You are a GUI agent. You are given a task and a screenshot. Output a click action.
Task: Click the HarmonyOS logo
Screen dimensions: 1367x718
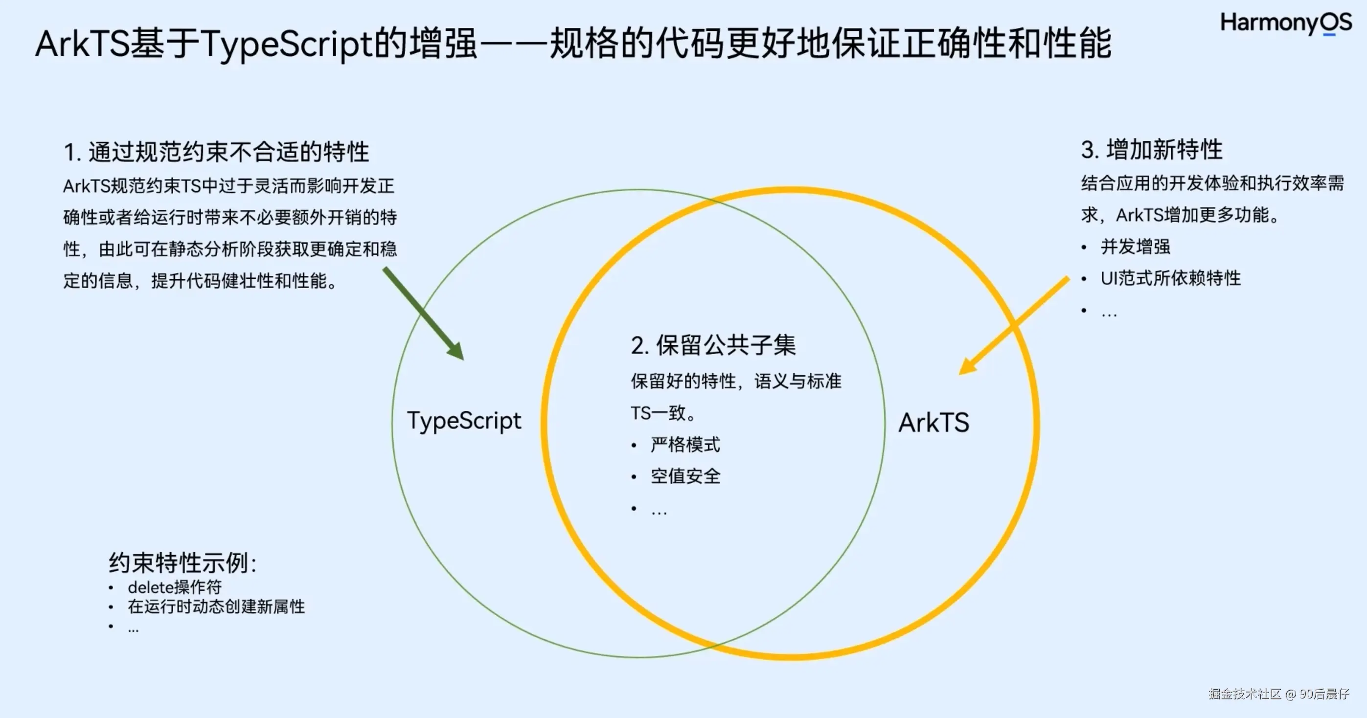pyautogui.click(x=1286, y=23)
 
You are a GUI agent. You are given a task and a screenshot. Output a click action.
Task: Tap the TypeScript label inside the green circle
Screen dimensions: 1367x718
pyautogui.click(x=464, y=421)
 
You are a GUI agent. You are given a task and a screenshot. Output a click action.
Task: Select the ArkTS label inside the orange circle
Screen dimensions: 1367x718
pyautogui.click(x=934, y=423)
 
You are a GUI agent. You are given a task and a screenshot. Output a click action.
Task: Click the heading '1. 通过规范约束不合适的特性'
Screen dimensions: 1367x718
pyautogui.click(x=216, y=152)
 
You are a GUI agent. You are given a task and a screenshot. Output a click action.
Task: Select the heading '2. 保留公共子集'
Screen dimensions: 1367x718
pyautogui.click(x=713, y=345)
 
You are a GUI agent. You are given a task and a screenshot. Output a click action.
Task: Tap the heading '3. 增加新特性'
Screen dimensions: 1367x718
pyautogui.click(x=1152, y=150)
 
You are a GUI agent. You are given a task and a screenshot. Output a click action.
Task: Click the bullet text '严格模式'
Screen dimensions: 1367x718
pyautogui.click(x=685, y=445)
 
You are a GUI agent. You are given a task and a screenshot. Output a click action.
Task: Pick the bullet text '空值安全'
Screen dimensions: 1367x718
pyautogui.click(x=685, y=476)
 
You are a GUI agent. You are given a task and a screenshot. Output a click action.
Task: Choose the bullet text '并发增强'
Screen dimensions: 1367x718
pyautogui.click(x=1135, y=247)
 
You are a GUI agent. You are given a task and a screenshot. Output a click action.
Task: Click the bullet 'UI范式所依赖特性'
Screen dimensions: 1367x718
pyautogui.click(x=1171, y=278)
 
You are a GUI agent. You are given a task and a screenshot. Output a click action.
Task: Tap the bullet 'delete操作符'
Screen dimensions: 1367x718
pyautogui.click(x=175, y=587)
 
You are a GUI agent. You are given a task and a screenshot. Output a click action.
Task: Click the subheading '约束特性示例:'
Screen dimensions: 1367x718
pyautogui.click(x=182, y=563)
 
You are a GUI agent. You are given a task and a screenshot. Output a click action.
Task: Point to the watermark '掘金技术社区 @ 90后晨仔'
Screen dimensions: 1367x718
pyautogui.click(x=1279, y=694)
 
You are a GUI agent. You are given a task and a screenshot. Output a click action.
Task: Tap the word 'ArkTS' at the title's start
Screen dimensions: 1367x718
pyautogui.click(x=82, y=44)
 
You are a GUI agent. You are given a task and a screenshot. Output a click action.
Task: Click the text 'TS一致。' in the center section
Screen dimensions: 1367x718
pyautogui.click(x=663, y=413)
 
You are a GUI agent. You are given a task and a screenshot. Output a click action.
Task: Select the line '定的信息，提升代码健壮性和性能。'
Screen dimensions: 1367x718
pyautogui.click(x=200, y=281)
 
